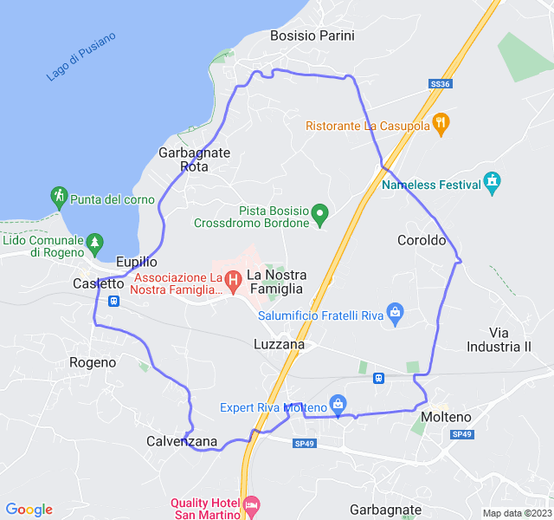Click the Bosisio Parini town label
[x=312, y=36]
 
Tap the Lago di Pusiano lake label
[x=81, y=57]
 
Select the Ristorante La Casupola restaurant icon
[x=441, y=125]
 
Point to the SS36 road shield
[x=440, y=84]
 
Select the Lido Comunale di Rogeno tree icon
[x=94, y=242]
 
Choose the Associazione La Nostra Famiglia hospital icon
[x=232, y=280]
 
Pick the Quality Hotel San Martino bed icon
[x=252, y=504]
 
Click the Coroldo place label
[x=422, y=240]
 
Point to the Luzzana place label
[x=279, y=344]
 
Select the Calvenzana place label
[x=182, y=441]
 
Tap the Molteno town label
[x=445, y=417]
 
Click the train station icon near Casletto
[x=114, y=302]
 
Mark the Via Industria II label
[x=511, y=340]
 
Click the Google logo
[x=29, y=510]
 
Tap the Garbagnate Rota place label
[x=194, y=159]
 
